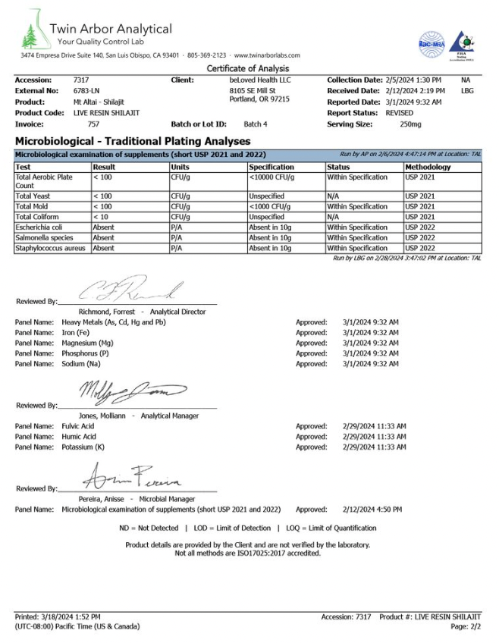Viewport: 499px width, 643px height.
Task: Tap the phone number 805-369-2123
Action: tap(207, 55)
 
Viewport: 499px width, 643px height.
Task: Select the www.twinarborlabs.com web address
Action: tap(268, 55)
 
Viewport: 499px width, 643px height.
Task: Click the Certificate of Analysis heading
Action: tap(248, 69)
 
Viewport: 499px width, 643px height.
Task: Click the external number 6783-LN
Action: tap(86, 91)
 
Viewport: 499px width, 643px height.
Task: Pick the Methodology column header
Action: tap(428, 167)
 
